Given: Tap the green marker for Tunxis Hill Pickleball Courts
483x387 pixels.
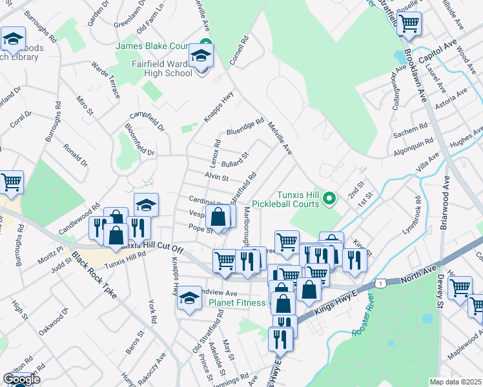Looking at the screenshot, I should [331, 197].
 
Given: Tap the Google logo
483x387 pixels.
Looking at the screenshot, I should [21, 379].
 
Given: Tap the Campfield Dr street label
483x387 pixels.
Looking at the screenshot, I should [146, 117].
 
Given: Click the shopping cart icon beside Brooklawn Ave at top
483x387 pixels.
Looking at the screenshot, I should [408, 24].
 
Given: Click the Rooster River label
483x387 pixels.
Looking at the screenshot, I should [364, 317].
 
